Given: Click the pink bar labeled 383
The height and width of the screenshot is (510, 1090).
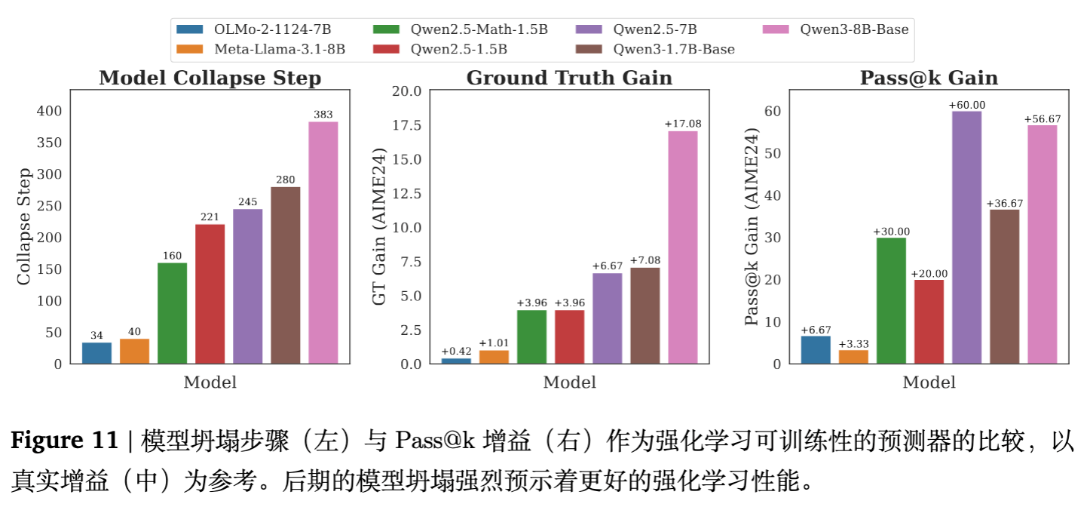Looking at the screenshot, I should tap(323, 242).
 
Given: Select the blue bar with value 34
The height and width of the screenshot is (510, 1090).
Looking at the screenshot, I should tap(96, 353).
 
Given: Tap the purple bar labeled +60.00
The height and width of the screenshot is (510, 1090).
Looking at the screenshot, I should tap(966, 237).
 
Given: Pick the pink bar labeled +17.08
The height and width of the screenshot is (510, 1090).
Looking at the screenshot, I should tap(682, 247).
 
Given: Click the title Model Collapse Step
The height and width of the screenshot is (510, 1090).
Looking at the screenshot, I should tap(210, 78).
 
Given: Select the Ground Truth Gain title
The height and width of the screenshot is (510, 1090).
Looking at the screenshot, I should tap(569, 78).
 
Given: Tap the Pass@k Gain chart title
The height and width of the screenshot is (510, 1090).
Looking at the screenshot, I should tap(929, 78).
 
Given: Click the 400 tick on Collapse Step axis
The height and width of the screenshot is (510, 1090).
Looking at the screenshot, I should tap(50, 111).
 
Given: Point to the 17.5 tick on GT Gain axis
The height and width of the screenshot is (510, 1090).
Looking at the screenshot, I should tap(406, 125).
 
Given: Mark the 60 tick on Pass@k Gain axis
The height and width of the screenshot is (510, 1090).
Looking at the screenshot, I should tap(772, 111).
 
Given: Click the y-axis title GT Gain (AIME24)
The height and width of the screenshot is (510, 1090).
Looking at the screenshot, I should tap(379, 227).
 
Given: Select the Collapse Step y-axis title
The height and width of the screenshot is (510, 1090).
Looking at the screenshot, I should tap(23, 227).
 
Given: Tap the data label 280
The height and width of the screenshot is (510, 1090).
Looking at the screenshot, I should tap(285, 180).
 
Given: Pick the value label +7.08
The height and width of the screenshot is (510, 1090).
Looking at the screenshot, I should tap(645, 261).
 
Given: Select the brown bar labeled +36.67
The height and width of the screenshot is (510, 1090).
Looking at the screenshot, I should tap(1004, 287).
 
